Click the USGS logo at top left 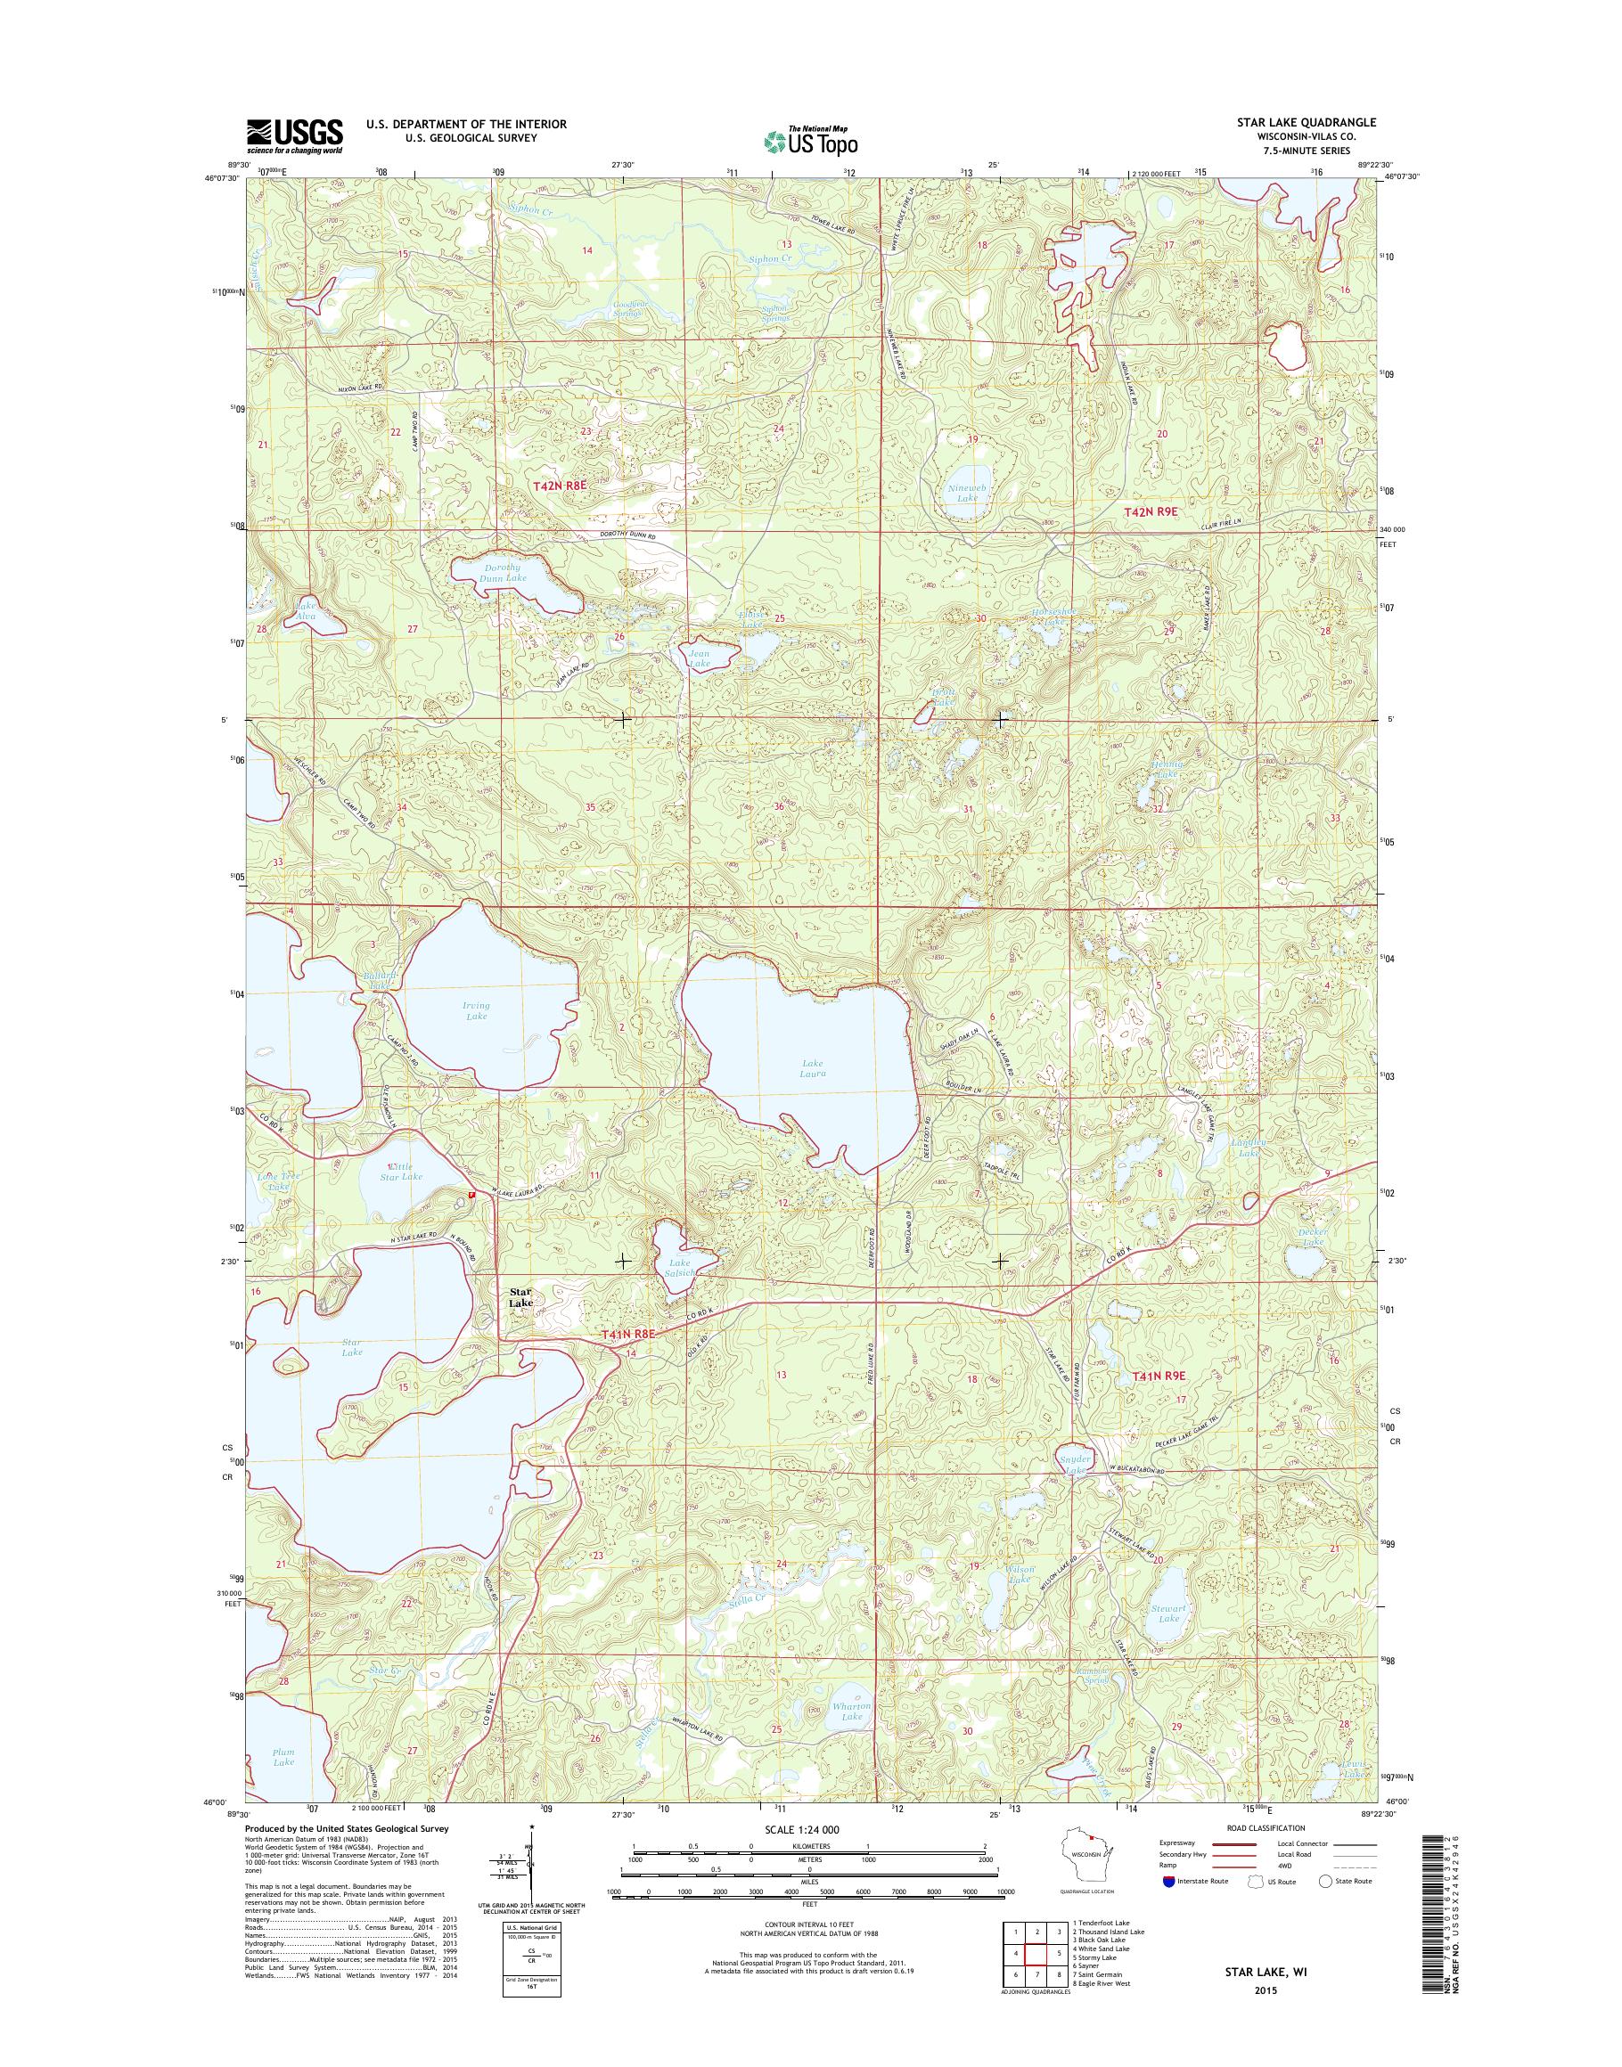pyautogui.click(x=294, y=135)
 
